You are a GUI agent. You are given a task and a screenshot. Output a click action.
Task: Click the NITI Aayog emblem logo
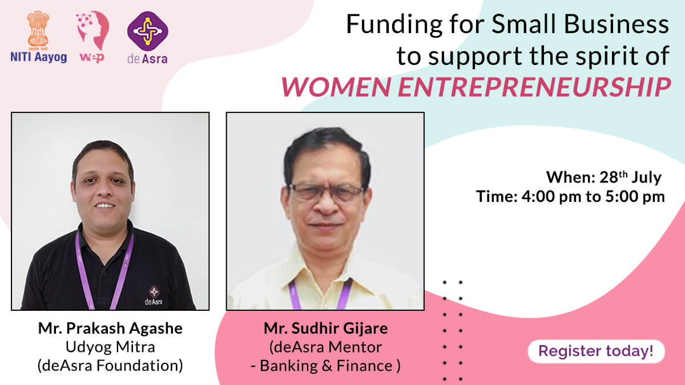tap(39, 37)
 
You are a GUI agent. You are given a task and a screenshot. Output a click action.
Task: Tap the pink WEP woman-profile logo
tap(92, 37)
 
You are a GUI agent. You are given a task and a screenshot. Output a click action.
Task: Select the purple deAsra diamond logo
tap(147, 31)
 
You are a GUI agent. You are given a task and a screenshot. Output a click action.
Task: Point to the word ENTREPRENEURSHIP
tap(534, 87)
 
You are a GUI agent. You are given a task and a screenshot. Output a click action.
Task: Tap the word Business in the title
tap(616, 25)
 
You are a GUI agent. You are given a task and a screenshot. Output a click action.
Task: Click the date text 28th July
tap(630, 177)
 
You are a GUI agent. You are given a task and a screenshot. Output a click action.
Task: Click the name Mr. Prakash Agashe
tap(110, 329)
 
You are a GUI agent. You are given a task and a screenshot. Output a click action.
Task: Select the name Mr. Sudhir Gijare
tap(326, 329)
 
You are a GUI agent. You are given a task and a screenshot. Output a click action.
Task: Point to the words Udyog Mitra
tap(110, 347)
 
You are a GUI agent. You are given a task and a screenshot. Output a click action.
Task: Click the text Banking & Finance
tap(326, 366)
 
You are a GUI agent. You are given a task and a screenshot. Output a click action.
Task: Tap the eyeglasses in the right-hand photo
tap(326, 193)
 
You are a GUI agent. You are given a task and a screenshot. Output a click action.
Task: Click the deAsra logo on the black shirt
tap(154, 295)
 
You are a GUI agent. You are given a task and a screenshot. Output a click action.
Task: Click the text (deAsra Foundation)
tap(110, 366)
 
